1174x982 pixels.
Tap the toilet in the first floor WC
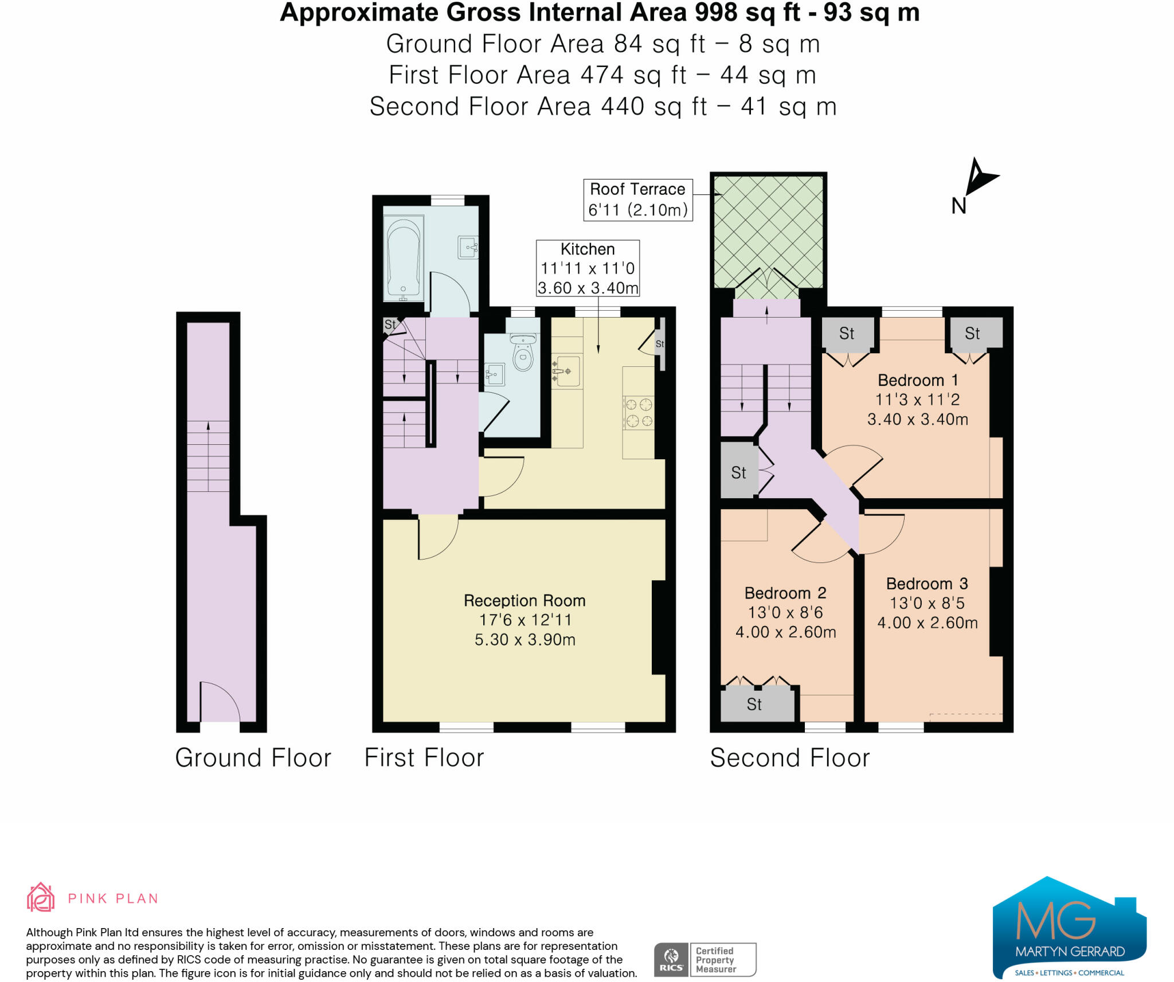[x=522, y=353]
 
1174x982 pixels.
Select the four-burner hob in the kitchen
[x=639, y=413]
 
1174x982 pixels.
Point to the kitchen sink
[x=568, y=371]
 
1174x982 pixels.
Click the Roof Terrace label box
[x=637, y=199]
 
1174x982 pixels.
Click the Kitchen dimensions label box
[x=588, y=268]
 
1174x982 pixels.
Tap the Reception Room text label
[x=525, y=601]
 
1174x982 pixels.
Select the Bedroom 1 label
[x=918, y=380]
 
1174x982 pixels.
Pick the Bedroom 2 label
[x=785, y=593]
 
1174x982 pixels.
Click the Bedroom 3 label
[x=927, y=584]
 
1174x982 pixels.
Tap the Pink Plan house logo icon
[x=41, y=897]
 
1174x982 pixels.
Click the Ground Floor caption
[x=253, y=758]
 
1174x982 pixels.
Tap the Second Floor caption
[x=790, y=758]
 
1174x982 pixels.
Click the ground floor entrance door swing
[x=219, y=702]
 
